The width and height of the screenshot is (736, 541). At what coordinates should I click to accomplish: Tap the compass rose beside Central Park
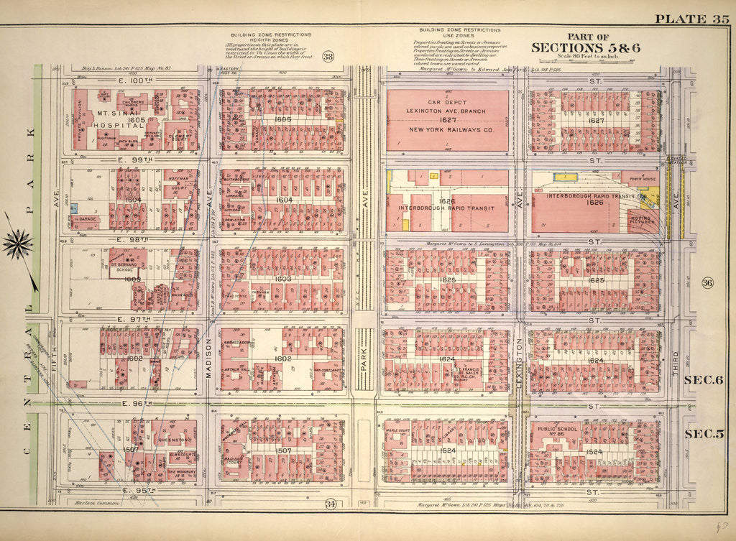click(x=18, y=244)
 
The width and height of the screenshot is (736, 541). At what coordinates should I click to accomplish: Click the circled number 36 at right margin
click(x=707, y=282)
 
